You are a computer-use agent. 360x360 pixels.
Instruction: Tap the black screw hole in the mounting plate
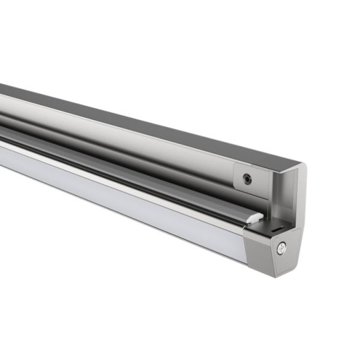[247, 178]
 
